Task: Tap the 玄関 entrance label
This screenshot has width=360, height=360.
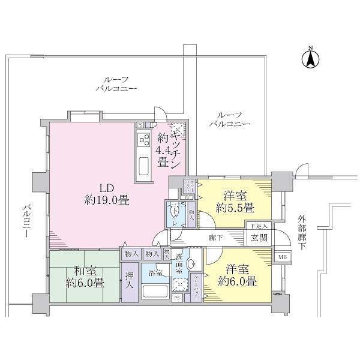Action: pos(259,237)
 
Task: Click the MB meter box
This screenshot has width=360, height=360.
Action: pos(280,257)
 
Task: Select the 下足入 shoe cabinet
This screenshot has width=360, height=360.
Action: pos(259,226)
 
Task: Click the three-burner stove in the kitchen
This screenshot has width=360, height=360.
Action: pos(145,140)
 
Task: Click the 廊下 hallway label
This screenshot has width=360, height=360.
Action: pos(216,238)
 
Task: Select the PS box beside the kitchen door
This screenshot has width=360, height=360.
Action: pos(140,125)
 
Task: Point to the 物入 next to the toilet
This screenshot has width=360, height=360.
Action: pos(191,214)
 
